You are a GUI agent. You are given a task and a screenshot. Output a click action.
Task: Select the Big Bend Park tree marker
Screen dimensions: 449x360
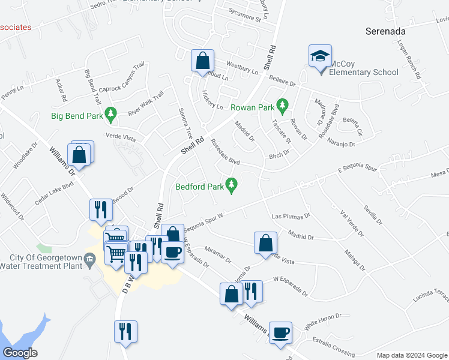(110, 113)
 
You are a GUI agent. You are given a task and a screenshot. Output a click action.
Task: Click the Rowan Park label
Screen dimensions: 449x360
(252, 108)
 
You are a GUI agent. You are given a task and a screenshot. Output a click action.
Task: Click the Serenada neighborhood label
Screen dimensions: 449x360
(386, 31)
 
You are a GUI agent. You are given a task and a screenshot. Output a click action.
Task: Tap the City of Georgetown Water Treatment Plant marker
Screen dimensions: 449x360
(90, 260)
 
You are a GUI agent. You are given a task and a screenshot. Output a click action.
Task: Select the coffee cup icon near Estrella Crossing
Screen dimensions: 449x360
(281, 332)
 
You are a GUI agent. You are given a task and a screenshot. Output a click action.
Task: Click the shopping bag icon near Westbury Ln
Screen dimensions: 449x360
(203, 60)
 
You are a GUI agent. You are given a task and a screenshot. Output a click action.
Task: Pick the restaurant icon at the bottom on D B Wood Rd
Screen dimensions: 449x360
(126, 331)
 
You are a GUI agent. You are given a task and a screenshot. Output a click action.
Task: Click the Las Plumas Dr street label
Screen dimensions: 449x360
(291, 215)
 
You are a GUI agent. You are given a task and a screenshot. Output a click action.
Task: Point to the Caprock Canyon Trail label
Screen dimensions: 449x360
(122, 83)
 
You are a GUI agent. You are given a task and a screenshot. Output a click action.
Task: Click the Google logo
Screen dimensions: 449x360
(20, 353)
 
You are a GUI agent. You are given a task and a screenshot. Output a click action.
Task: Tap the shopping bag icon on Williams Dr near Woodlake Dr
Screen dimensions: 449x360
(80, 155)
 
